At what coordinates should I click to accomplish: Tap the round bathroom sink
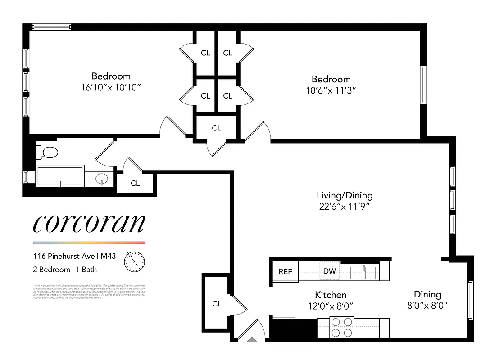pyautogui.click(x=103, y=180)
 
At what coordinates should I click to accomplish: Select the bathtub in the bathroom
pyautogui.click(x=59, y=176)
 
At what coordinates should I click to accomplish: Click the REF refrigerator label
pyautogui.click(x=285, y=271)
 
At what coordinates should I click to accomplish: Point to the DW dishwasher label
pyautogui.click(x=329, y=271)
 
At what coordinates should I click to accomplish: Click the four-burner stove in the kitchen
pyautogui.click(x=341, y=327)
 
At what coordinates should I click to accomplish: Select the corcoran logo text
pyautogui.click(x=89, y=224)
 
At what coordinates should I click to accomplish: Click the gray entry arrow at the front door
pyautogui.click(x=253, y=340)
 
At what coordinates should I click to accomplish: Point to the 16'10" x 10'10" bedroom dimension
pyautogui.click(x=111, y=86)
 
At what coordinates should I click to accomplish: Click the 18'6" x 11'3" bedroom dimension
pyautogui.click(x=331, y=90)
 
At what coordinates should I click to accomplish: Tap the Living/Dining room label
pyautogui.click(x=345, y=195)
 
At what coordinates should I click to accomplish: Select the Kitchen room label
pyautogui.click(x=331, y=295)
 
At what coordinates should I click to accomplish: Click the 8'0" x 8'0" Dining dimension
pyautogui.click(x=427, y=305)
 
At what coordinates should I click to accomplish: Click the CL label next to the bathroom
pyautogui.click(x=135, y=183)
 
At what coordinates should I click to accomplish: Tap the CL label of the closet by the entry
pyautogui.click(x=217, y=304)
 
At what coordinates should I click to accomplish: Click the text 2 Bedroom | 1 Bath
pyautogui.click(x=65, y=270)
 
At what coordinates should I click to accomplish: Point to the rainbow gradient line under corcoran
pyautogui.click(x=89, y=243)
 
